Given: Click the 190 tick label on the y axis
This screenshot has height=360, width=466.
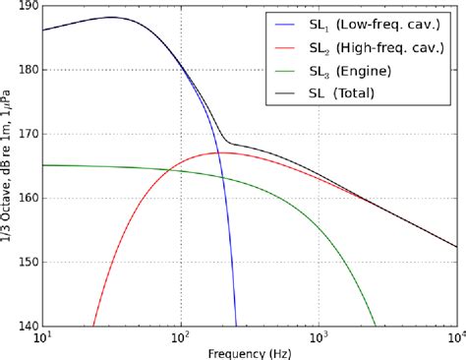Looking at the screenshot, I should point(26,7).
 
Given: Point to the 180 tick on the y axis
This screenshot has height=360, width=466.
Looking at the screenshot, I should point(26,70).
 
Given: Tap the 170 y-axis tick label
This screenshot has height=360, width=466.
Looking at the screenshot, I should point(26,134).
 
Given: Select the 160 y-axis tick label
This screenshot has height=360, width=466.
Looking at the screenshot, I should point(26,198).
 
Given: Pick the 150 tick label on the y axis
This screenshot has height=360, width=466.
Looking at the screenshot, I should point(26,262).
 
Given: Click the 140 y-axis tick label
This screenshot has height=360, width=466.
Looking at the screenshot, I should point(26,326).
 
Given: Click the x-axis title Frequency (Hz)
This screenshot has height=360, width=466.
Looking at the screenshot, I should point(247,352).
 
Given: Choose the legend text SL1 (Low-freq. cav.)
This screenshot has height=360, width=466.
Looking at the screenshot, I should point(366,25).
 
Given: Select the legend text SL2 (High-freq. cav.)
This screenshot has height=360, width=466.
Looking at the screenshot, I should point(368,47).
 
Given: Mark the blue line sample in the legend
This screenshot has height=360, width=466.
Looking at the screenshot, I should point(278,25).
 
